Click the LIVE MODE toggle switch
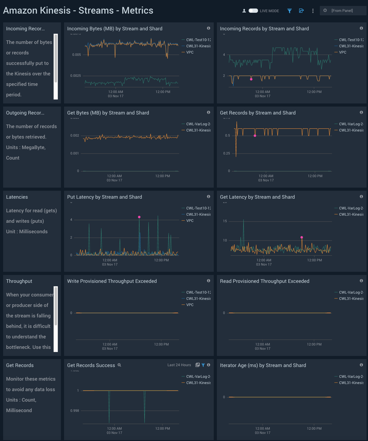pos(253,11)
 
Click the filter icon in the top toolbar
pos(289,11)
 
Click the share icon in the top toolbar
pos(301,11)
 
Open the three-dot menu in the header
pos(313,11)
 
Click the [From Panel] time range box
pos(342,11)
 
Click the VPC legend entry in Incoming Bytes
pos(190,52)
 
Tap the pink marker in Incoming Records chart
pos(251,79)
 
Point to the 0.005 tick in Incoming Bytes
pos(77,55)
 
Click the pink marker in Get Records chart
pos(255,136)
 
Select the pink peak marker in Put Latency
pos(139,217)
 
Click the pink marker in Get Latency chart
pos(302,238)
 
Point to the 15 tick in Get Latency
pos(225,221)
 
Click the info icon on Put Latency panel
pos(208,197)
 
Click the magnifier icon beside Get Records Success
pos(119,365)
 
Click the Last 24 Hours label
pos(179,365)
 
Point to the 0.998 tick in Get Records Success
pos(75,411)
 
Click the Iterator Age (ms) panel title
pos(263,365)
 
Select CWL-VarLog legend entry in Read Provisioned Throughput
pos(351,292)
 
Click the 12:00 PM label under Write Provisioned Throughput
pos(161,344)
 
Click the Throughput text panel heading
pos(19,281)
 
